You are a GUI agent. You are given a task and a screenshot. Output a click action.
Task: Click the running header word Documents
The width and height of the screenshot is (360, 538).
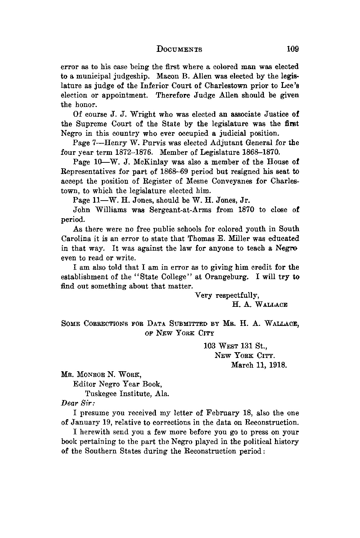coord(179,49)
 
